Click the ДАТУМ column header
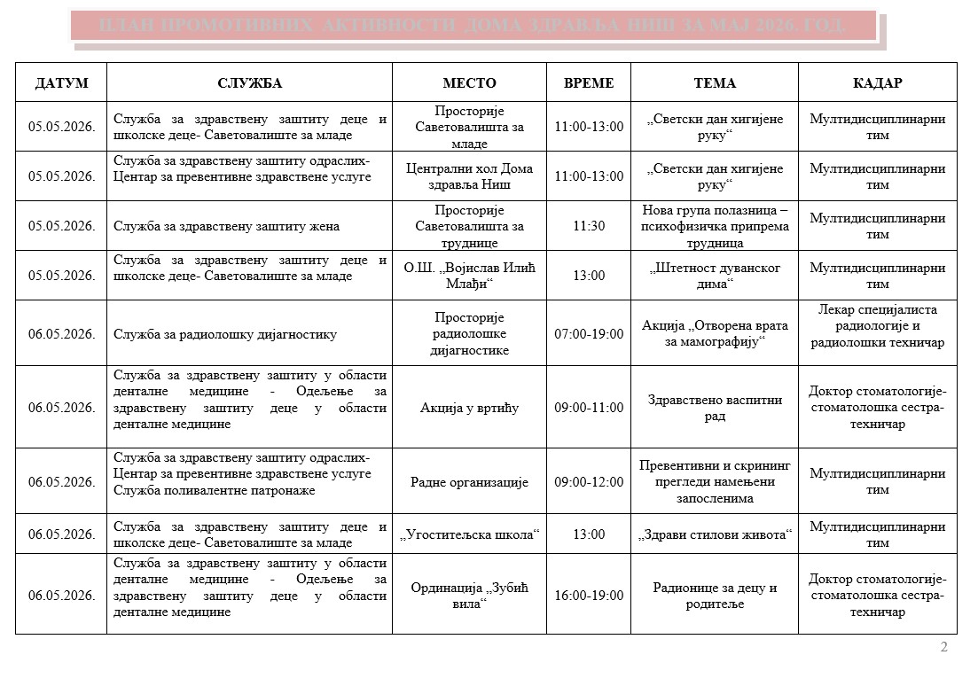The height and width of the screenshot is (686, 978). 61,82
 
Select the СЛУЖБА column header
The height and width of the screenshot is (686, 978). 249,82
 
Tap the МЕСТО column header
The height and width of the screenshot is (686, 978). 469,82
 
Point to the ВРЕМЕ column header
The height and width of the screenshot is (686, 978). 589,82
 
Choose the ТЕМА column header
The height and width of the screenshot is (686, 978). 715,82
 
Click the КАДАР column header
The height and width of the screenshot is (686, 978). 877,82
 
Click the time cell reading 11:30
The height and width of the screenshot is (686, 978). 589,226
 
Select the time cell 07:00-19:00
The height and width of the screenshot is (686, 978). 589,334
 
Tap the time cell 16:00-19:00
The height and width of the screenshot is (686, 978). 589,596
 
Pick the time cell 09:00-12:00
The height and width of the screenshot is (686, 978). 589,482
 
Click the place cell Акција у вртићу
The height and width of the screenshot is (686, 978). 469,408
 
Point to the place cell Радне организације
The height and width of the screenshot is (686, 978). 469,482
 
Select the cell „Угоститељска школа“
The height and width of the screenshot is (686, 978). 469,534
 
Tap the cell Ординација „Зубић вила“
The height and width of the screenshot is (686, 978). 469,596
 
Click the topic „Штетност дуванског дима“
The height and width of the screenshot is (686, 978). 715,276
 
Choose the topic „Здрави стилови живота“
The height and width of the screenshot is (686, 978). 715,534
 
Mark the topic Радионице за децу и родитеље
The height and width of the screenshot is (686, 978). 715,596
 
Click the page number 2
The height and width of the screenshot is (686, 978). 943,647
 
